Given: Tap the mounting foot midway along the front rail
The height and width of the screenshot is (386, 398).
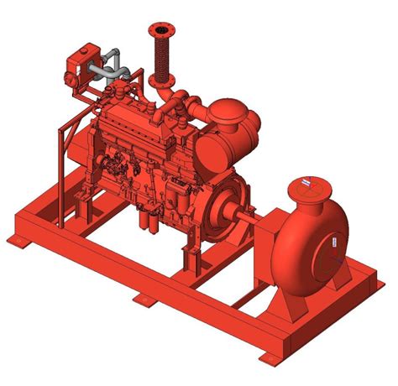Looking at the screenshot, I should pos(139,299).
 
